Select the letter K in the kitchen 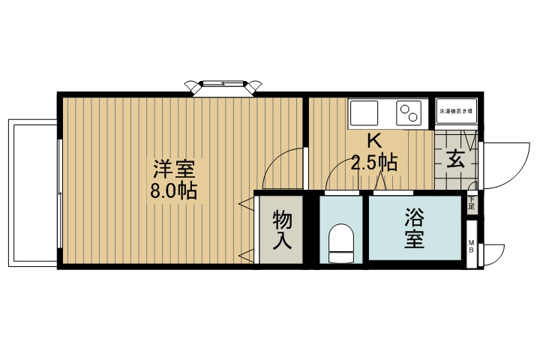click(x=373, y=139)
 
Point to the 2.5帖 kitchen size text click(x=373, y=161)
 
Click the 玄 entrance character click(x=457, y=160)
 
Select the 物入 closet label click(x=282, y=229)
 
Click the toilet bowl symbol click(x=341, y=244)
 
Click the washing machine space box click(x=457, y=112)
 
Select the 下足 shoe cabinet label click(x=472, y=202)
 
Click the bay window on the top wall click(x=223, y=86)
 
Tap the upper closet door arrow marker click(x=245, y=203)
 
